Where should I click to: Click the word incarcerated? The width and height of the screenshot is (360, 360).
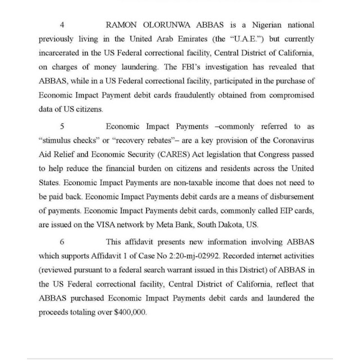[64, 55]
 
